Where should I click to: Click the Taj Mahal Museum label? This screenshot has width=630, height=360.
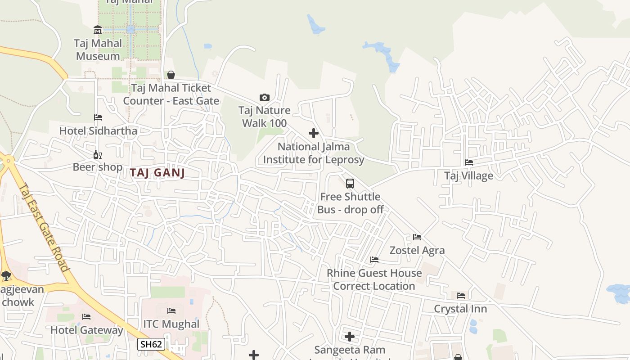click(98, 49)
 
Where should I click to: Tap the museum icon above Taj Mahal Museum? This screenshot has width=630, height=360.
click(98, 30)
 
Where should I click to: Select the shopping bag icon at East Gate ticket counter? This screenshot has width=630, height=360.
click(171, 75)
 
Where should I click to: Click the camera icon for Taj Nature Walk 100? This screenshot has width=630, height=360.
click(265, 97)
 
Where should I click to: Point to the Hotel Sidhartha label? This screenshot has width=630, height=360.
click(98, 131)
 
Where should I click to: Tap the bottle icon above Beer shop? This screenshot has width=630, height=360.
click(97, 155)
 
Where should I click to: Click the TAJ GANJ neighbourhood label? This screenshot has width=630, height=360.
click(157, 173)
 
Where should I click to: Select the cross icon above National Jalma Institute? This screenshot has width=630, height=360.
click(314, 133)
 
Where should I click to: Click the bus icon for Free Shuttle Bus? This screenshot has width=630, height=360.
click(350, 184)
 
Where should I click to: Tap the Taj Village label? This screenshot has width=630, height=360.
click(468, 175)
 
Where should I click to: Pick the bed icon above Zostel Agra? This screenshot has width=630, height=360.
click(417, 237)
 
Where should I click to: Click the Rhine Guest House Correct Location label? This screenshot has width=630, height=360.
click(374, 279)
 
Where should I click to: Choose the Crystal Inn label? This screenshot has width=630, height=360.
click(460, 309)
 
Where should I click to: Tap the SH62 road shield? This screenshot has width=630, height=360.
click(151, 345)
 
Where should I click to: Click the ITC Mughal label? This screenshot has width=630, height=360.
click(171, 324)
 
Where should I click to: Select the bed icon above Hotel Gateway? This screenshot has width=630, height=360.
click(86, 317)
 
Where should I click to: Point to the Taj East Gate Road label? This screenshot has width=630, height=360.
click(45, 227)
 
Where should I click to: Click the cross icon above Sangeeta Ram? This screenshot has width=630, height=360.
click(350, 337)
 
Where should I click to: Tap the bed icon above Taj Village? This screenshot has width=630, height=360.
click(469, 162)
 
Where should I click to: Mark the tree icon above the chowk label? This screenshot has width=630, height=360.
click(6, 276)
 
